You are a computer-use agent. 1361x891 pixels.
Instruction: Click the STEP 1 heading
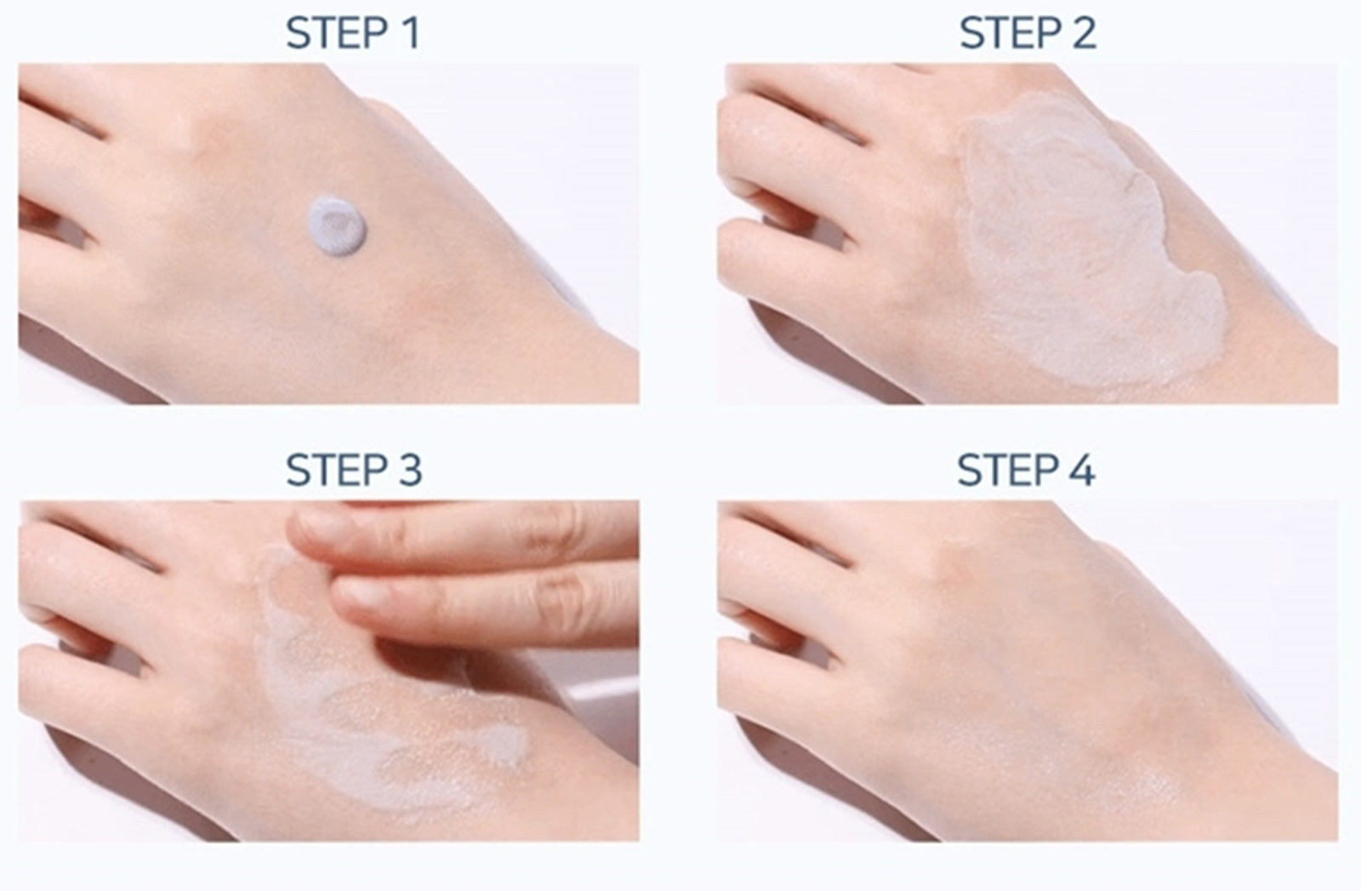point(353,33)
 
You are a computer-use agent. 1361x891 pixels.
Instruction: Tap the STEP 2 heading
point(1028,33)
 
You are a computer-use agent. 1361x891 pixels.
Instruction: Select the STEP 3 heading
point(354,470)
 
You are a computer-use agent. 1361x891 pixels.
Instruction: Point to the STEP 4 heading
point(1027,470)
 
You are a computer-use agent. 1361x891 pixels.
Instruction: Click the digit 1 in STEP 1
point(413,33)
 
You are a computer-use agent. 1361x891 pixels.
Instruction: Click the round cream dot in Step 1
point(337,226)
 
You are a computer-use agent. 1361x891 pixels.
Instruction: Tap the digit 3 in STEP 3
point(410,470)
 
